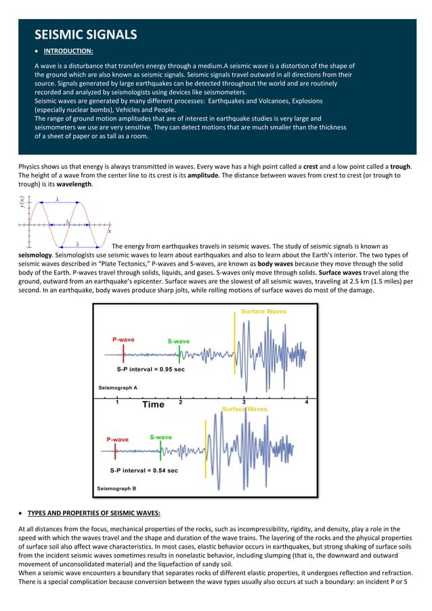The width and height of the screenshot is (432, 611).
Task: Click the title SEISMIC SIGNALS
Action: [x=85, y=34]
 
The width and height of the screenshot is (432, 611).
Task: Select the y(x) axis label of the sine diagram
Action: [x=22, y=202]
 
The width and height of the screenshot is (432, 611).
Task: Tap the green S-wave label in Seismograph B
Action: [x=160, y=438]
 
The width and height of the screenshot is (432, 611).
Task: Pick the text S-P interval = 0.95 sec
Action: [x=150, y=371]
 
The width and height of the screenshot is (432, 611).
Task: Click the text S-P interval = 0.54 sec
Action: [x=144, y=469]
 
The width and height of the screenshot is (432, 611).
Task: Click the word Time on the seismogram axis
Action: [x=153, y=404]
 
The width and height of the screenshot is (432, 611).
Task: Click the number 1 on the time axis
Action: [x=117, y=402]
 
